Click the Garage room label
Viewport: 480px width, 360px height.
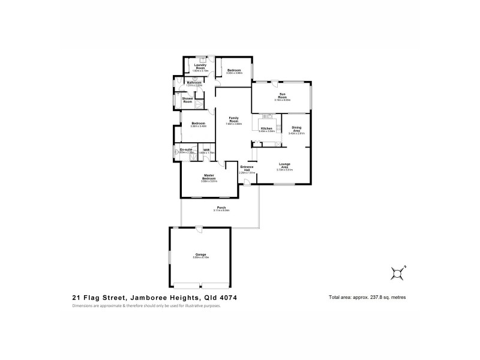(200, 255)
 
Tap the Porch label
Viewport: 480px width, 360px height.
(221, 208)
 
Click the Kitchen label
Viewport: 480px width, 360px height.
(266, 128)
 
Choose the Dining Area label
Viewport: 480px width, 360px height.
(297, 129)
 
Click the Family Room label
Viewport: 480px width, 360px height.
(234, 120)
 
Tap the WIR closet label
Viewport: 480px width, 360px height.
(206, 150)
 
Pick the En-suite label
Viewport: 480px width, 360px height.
(186, 150)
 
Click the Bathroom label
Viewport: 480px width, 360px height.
(194, 82)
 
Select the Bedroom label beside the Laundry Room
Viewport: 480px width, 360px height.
(234, 70)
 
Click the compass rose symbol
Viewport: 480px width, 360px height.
(397, 272)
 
